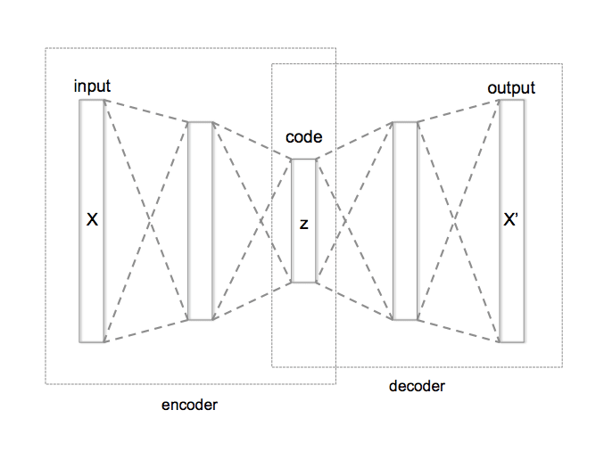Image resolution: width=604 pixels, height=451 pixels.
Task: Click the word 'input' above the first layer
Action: click(x=92, y=86)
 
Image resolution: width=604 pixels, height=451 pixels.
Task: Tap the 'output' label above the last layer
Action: click(x=511, y=87)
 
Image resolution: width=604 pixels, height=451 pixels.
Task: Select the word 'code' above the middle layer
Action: click(x=303, y=137)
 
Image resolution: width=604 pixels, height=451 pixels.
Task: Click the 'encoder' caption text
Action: click(x=189, y=405)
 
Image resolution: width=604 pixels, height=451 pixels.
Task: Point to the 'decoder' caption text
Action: click(x=417, y=386)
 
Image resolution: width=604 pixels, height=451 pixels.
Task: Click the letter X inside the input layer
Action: click(x=91, y=219)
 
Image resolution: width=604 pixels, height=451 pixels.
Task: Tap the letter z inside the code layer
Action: click(x=303, y=224)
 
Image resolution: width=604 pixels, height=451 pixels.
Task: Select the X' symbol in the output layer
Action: click(x=511, y=219)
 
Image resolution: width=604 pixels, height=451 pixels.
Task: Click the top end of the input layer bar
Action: click(x=92, y=102)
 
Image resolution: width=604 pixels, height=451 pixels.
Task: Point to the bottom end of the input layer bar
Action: click(x=92, y=340)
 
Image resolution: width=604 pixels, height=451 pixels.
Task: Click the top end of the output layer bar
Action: click(x=511, y=102)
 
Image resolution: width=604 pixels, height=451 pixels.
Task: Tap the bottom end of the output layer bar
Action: click(x=511, y=340)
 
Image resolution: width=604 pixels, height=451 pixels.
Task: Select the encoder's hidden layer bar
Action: click(x=201, y=220)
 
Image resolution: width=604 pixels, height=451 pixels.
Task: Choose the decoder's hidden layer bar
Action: click(x=405, y=220)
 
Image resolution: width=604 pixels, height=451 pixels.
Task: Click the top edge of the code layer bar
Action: click(x=303, y=160)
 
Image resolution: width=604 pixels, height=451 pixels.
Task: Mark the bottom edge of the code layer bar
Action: click(x=303, y=282)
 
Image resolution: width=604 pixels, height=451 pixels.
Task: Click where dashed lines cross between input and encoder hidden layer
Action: click(x=146, y=220)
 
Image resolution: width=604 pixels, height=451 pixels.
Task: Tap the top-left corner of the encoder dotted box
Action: click(x=46, y=48)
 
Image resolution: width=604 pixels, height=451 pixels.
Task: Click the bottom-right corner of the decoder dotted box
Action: click(x=562, y=366)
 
